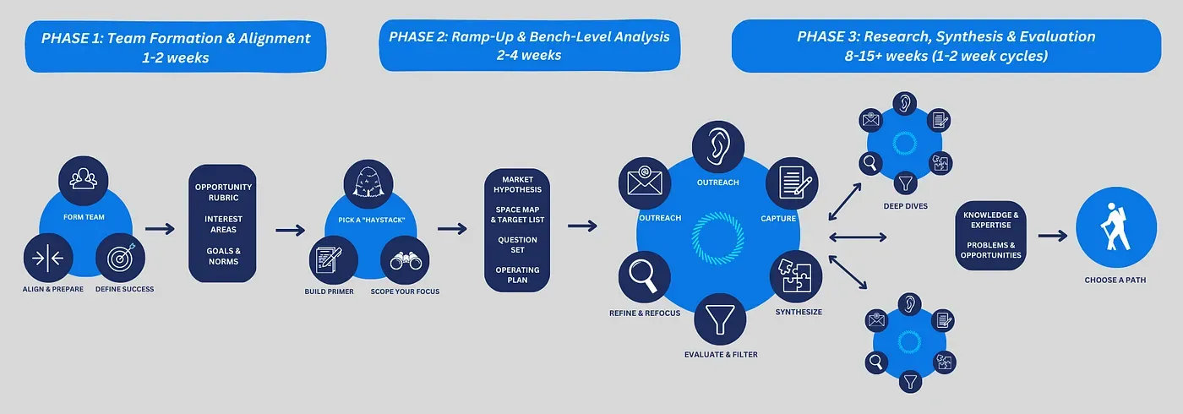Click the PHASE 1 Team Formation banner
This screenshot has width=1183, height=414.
coord(175,47)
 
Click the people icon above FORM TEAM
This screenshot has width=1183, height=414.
coord(83,179)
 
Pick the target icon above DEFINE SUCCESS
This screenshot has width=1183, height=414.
coord(121,259)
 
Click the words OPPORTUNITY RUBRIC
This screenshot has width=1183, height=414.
coord(223,192)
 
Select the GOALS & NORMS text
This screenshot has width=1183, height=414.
coord(223,256)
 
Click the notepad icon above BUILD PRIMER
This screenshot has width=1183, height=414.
coord(329,261)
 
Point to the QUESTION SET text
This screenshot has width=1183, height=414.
coord(517,245)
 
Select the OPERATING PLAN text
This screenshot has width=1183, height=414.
coord(517,275)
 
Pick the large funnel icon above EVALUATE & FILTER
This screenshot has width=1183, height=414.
coord(720,319)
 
